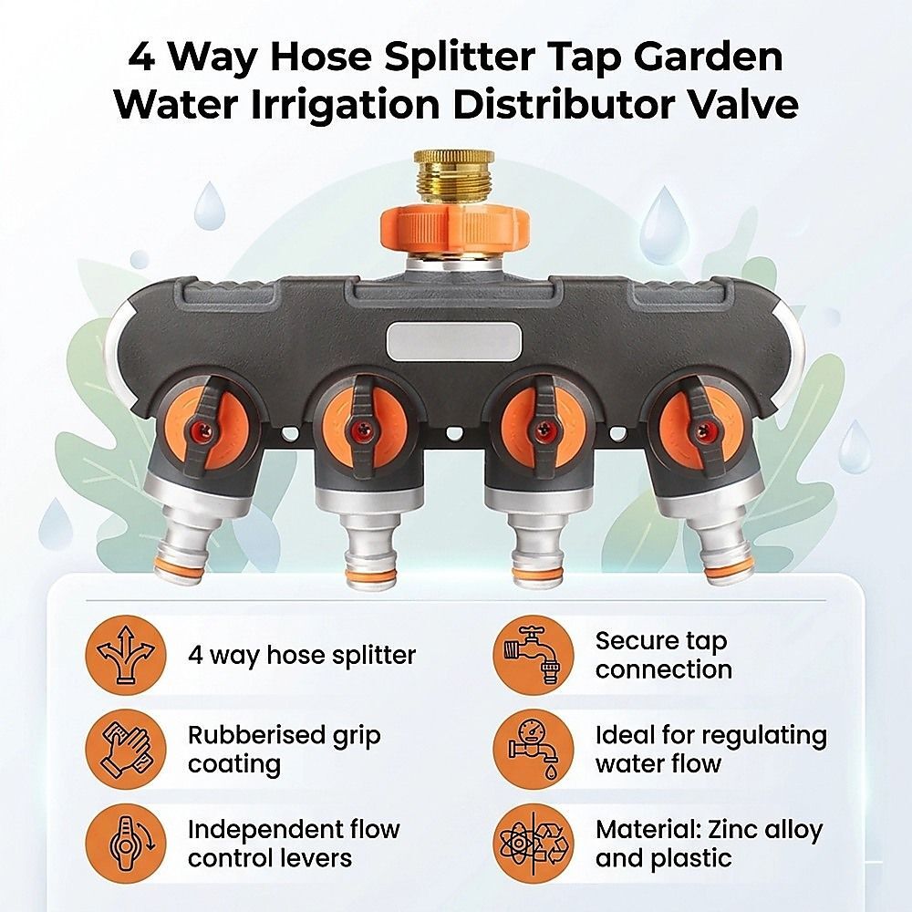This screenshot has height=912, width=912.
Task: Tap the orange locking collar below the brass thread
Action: point(454,229)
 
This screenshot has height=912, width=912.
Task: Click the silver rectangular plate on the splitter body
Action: point(453,343)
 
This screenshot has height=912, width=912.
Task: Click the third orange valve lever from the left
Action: point(543,429)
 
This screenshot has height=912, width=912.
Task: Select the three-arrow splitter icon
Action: point(126,655)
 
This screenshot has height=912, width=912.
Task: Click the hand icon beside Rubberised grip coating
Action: point(126,749)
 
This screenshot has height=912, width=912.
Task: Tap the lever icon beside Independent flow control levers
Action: point(126,844)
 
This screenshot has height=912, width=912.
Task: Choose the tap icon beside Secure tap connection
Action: point(534,655)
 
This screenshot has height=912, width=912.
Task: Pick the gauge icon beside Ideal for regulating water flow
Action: point(534,749)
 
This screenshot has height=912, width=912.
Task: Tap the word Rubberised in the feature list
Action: point(255,734)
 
